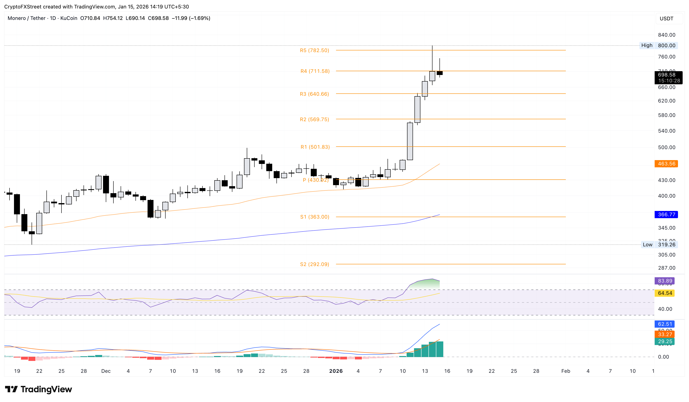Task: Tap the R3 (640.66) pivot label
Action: [x=314, y=94]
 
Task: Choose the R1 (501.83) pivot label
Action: [x=315, y=147]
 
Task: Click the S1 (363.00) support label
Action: [x=315, y=217]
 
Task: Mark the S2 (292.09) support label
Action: [x=314, y=264]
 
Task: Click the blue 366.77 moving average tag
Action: [x=666, y=215]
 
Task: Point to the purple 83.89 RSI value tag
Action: [x=664, y=281]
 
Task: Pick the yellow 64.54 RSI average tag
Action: [x=664, y=293]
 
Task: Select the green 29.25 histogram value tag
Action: [x=664, y=342]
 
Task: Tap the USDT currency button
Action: [x=666, y=19]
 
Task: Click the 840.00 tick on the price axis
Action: [x=666, y=35]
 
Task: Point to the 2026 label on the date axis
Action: [x=336, y=371]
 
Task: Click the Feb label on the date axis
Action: [x=565, y=371]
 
